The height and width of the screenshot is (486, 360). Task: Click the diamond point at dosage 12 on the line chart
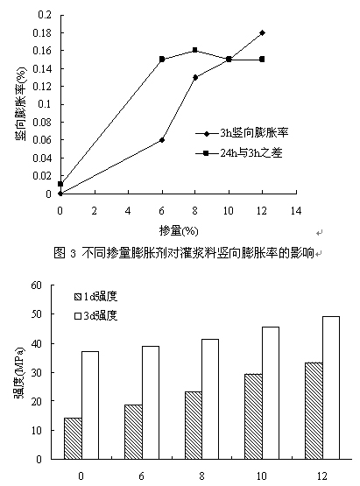pos(262,32)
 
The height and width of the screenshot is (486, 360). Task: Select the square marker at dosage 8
pos(195,50)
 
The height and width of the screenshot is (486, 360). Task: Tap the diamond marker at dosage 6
pos(162,140)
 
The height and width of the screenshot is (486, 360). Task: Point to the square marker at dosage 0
pos(60,184)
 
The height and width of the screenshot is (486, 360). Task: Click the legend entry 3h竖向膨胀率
pos(242,133)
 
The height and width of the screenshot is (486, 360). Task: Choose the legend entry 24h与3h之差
pos(239,152)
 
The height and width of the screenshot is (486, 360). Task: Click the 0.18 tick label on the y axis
pos(42,32)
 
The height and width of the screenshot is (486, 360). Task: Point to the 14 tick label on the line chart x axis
pos(296,211)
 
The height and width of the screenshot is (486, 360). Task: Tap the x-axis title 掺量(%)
pos(179,231)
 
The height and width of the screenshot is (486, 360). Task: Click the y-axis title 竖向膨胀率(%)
pos(21,104)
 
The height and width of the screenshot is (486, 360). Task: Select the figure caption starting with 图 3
pos(184,253)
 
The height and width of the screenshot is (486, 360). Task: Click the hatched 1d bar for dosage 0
pos(73,438)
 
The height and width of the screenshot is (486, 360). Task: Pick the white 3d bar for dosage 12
pos(331,388)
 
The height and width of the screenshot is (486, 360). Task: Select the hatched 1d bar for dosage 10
pos(253,417)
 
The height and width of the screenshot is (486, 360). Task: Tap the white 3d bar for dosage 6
pos(151,403)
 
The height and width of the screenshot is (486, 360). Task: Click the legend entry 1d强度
pos(95,297)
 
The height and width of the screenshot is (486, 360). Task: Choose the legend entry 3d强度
pos(95,316)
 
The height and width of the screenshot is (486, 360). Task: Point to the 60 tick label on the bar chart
pos(36,285)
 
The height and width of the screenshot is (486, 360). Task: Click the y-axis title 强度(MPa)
pos(19,372)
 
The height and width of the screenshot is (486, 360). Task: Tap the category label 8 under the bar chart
pos(201,475)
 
